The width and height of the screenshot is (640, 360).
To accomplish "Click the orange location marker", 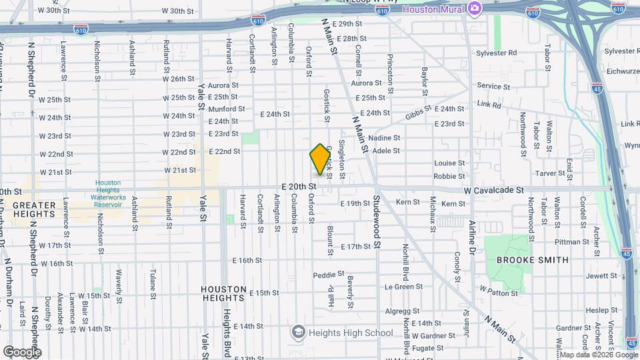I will pyautogui.click(x=321, y=159).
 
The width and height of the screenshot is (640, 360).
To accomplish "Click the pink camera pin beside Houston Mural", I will pyautogui.click(x=475, y=8).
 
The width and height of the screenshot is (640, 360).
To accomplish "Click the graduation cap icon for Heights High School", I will pyautogui.click(x=298, y=332).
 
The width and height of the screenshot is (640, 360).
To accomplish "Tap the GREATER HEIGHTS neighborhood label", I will pyautogui.click(x=33, y=209).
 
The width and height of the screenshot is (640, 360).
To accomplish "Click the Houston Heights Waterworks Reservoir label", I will pyautogui.click(x=107, y=193).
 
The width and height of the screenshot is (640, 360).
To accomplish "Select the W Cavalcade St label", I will pyautogui.click(x=495, y=190).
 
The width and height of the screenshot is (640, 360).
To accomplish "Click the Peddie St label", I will pyautogui.click(x=329, y=274).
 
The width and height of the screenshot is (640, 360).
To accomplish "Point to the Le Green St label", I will pyautogui.click(x=404, y=287).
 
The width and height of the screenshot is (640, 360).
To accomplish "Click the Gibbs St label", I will pyautogui.click(x=417, y=115).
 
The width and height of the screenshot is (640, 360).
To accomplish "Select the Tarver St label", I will pyautogui.click(x=551, y=173).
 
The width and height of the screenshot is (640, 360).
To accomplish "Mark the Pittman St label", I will pyautogui.click(x=567, y=242).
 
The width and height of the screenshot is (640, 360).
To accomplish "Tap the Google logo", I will pyautogui.click(x=22, y=351).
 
